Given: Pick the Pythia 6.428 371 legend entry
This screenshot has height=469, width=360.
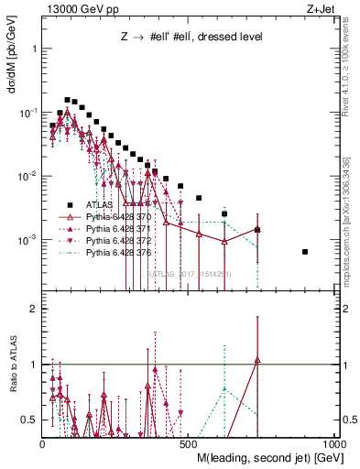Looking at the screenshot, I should [122, 229].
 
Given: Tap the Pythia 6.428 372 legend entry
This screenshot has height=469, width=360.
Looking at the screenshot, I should [122, 241].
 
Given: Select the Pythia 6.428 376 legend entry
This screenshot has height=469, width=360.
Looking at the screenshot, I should [122, 253].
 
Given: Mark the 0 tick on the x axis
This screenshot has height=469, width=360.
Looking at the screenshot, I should [42, 445].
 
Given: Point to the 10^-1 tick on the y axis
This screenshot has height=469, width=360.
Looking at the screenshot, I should [30, 112].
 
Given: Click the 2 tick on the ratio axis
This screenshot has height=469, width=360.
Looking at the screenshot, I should [34, 309].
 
